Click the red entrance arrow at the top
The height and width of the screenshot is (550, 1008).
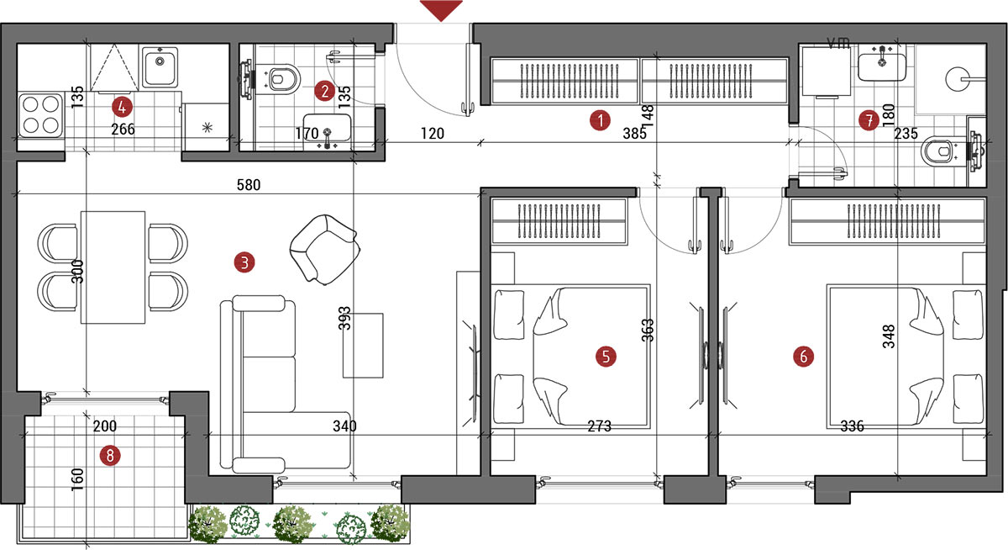pyautogui.click(x=441, y=9)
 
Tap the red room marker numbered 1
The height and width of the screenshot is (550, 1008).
pyautogui.click(x=600, y=120)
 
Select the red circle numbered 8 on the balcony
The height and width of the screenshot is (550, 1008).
pyautogui.click(x=110, y=456)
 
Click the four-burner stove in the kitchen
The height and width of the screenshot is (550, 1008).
pyautogui.click(x=40, y=115)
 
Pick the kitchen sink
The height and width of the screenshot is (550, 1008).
pyautogui.click(x=160, y=67)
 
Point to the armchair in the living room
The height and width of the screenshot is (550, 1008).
pyautogui.click(x=324, y=249)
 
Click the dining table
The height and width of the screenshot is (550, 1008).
pyautogui.click(x=113, y=267)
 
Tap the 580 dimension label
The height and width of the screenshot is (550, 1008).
pyautogui.click(x=249, y=185)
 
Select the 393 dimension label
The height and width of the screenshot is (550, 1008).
pyautogui.click(x=344, y=319)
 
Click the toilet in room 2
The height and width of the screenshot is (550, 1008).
pyautogui.click(x=278, y=79)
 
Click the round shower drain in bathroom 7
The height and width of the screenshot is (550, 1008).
pyautogui.click(x=958, y=80)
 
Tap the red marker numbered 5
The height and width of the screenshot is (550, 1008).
pyautogui.click(x=606, y=357)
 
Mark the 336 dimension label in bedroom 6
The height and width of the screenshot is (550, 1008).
pyautogui.click(x=852, y=426)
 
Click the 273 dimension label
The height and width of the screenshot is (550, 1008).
pyautogui.click(x=600, y=426)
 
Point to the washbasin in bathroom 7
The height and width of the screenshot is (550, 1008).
pyautogui.click(x=881, y=66)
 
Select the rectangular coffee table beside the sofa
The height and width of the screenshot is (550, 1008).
pyautogui.click(x=363, y=346)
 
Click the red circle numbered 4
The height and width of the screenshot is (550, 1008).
pyautogui.click(x=122, y=107)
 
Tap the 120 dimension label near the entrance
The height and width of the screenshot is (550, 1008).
pyautogui.click(x=432, y=134)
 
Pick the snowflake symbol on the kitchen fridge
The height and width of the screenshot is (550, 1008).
pyautogui.click(x=207, y=128)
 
